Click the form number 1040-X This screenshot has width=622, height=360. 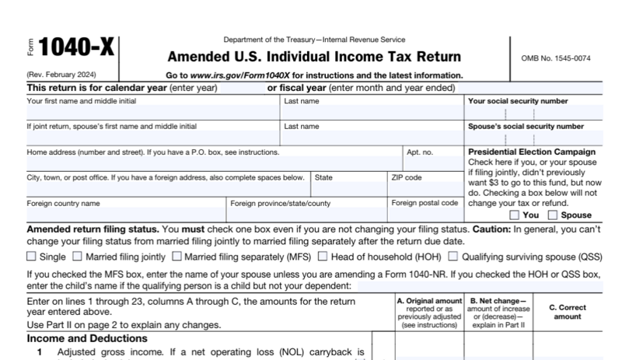pyautogui.click(x=76, y=48)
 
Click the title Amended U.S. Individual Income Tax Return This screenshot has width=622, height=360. pyautogui.click(x=314, y=58)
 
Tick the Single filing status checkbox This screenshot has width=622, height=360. pyautogui.click(x=32, y=256)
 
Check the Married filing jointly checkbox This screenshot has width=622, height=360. pyautogui.click(x=78, y=256)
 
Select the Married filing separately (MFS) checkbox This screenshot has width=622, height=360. pyautogui.click(x=177, y=256)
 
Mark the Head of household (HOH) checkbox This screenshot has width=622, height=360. pyautogui.click(x=323, y=256)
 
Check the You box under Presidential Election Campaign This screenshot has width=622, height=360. pyautogui.click(x=515, y=215)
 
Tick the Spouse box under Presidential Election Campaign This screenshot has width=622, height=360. pyautogui.click(x=553, y=215)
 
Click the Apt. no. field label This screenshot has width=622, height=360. pyautogui.click(x=420, y=152)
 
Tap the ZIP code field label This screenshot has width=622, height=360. pyautogui.click(x=407, y=177)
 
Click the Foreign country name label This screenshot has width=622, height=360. pyautogui.click(x=64, y=203)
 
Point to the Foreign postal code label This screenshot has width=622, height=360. pyautogui.click(x=425, y=203)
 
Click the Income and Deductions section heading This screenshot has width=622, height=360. pyautogui.click(x=87, y=339)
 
